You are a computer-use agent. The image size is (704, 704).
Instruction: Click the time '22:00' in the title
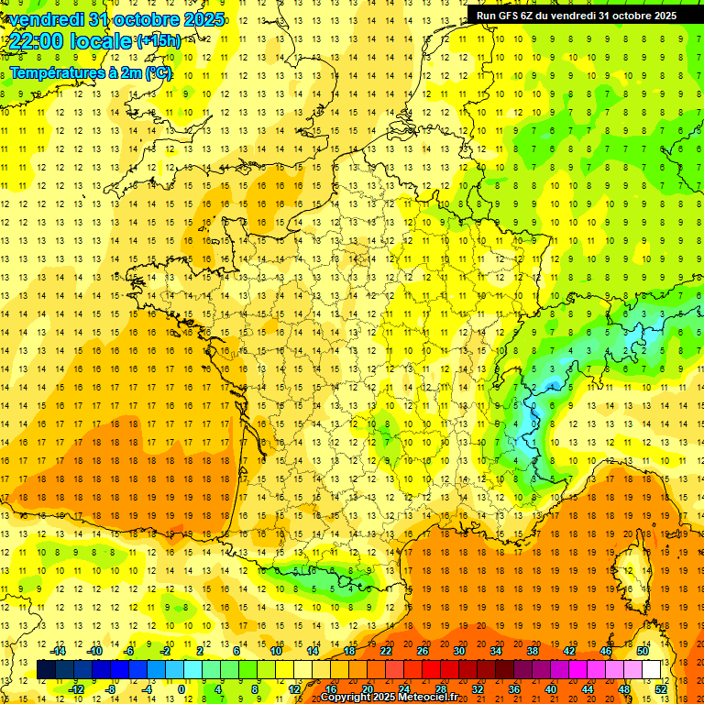pos(38,41)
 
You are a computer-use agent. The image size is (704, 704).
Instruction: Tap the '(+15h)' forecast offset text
pos(158,40)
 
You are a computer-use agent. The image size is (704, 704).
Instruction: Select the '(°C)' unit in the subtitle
pos(157,72)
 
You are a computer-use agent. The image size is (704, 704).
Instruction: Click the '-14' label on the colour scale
pos(58,651)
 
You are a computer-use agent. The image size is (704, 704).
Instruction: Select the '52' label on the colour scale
pos(661,689)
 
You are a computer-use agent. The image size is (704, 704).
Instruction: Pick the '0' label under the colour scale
pos(182,689)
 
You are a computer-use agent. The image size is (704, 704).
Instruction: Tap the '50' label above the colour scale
pos(642,651)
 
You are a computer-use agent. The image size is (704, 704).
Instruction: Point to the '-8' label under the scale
pos(111,689)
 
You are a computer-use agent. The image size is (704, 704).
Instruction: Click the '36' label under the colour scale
pos(513,689)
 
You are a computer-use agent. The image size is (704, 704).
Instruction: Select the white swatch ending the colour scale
pos(651,670)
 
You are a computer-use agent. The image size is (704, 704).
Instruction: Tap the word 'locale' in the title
pos(100,41)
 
